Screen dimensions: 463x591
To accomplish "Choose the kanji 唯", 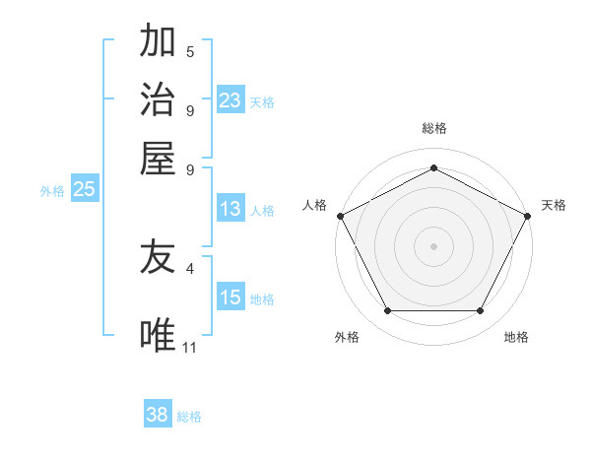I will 158,336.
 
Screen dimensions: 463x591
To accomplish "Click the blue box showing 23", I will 230,100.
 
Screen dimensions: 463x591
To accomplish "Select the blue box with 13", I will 230,209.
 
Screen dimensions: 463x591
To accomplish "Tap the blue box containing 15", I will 230,298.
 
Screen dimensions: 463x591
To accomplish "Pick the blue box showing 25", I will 84,190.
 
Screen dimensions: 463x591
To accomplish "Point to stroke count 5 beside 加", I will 190,51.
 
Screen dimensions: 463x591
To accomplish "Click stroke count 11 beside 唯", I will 190,346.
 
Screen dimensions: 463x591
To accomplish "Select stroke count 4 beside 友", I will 190,267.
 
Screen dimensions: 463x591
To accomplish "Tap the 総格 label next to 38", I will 189,417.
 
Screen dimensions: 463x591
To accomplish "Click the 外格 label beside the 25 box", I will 52,191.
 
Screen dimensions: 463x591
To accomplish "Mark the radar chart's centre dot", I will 433,245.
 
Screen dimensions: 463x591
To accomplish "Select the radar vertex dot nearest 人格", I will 340,215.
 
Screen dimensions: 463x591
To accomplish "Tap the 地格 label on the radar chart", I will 516,337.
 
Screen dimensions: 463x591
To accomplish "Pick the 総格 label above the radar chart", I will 433,128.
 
